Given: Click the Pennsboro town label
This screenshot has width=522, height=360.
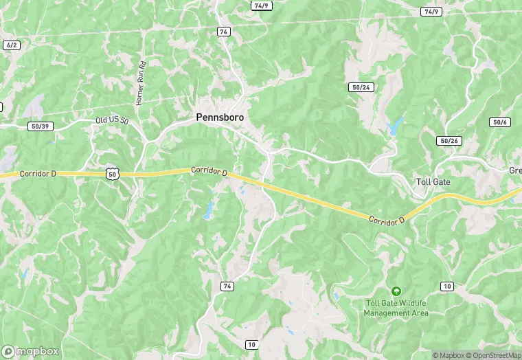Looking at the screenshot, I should point(220,117).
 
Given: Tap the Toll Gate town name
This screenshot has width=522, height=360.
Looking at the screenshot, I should point(433,182).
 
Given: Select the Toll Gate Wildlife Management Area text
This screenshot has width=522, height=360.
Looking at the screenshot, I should point(396,308).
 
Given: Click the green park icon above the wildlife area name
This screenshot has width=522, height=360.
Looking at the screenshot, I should point(396,291).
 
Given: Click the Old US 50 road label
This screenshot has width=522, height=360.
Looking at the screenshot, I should point(112,121).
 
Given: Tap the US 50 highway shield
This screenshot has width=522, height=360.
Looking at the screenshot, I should point(113,175).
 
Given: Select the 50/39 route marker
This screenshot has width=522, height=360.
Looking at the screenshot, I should point(40,126).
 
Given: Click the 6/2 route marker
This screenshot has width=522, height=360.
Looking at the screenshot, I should point(11,45).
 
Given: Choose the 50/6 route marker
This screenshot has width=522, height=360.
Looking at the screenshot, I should point(499,122).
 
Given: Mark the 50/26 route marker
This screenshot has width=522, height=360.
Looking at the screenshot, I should point(449,141).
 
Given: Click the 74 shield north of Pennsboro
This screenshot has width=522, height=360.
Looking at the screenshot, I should point(223,32).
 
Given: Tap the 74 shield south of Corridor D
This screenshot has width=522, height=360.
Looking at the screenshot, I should point(227,285).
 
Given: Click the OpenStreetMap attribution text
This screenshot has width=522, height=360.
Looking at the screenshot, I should point(493,355).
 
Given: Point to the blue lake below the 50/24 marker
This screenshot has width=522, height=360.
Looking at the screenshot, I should point(395,126).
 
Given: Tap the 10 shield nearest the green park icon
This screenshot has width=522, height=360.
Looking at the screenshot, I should point(447,286).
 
